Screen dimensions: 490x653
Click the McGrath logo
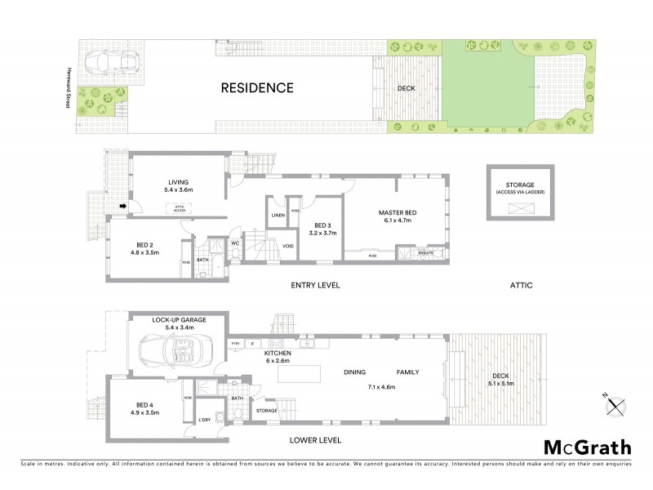(x=587, y=447)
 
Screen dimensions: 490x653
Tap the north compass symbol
(x=616, y=403)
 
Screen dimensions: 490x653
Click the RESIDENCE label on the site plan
(x=257, y=87)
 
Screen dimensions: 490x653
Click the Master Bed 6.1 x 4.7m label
(x=393, y=214)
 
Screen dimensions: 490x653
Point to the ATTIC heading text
(x=520, y=285)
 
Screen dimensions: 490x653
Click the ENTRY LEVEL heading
(x=315, y=285)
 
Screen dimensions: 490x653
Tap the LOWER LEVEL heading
(x=315, y=440)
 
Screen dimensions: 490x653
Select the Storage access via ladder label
(x=519, y=188)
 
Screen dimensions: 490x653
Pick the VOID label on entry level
(x=287, y=245)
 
